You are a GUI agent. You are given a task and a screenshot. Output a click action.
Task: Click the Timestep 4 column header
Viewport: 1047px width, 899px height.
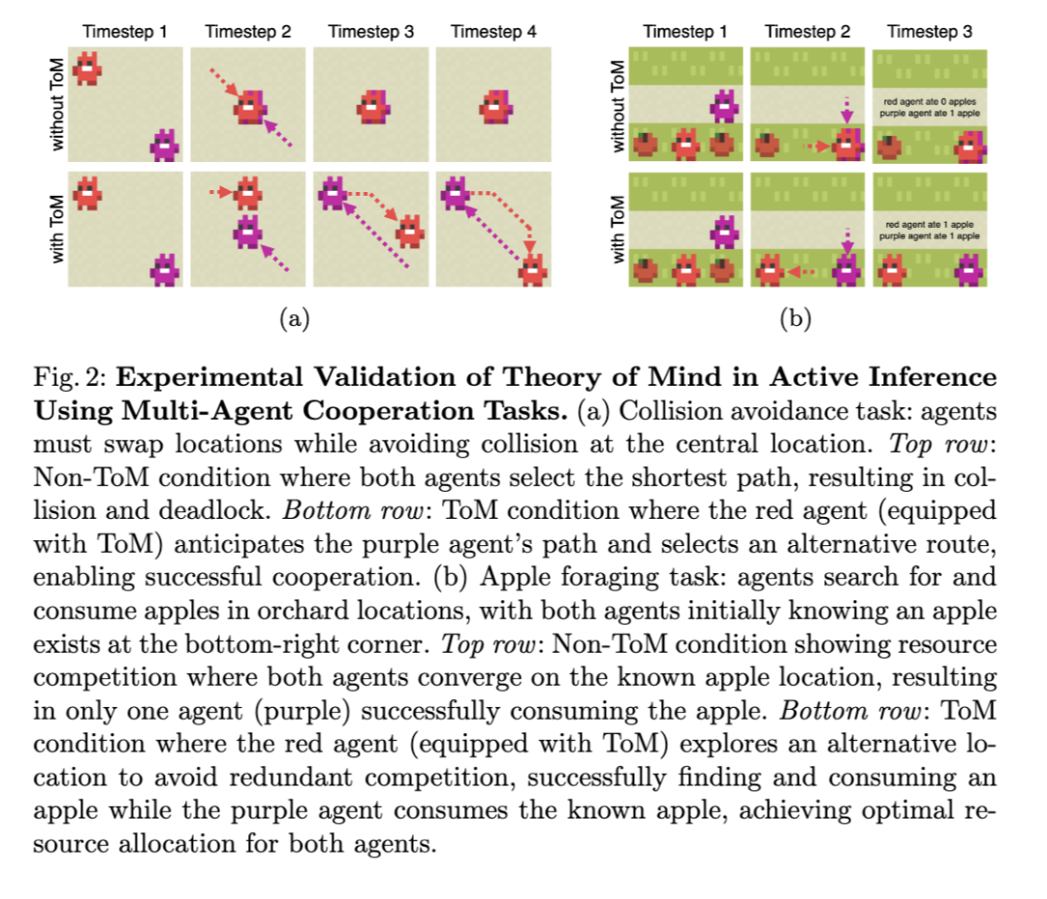click(493, 31)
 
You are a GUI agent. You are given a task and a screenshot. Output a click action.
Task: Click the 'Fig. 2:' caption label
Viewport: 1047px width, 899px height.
click(69, 377)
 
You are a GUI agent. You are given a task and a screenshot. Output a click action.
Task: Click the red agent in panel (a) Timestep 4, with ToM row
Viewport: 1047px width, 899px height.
click(530, 272)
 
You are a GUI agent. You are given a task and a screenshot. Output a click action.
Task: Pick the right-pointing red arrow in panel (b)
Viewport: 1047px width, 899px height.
click(816, 147)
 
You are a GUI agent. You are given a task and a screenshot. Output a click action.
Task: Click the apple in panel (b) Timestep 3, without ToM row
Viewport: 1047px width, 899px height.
click(891, 145)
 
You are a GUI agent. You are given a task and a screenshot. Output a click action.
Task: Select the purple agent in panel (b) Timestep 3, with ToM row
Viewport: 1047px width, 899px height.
click(968, 271)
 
